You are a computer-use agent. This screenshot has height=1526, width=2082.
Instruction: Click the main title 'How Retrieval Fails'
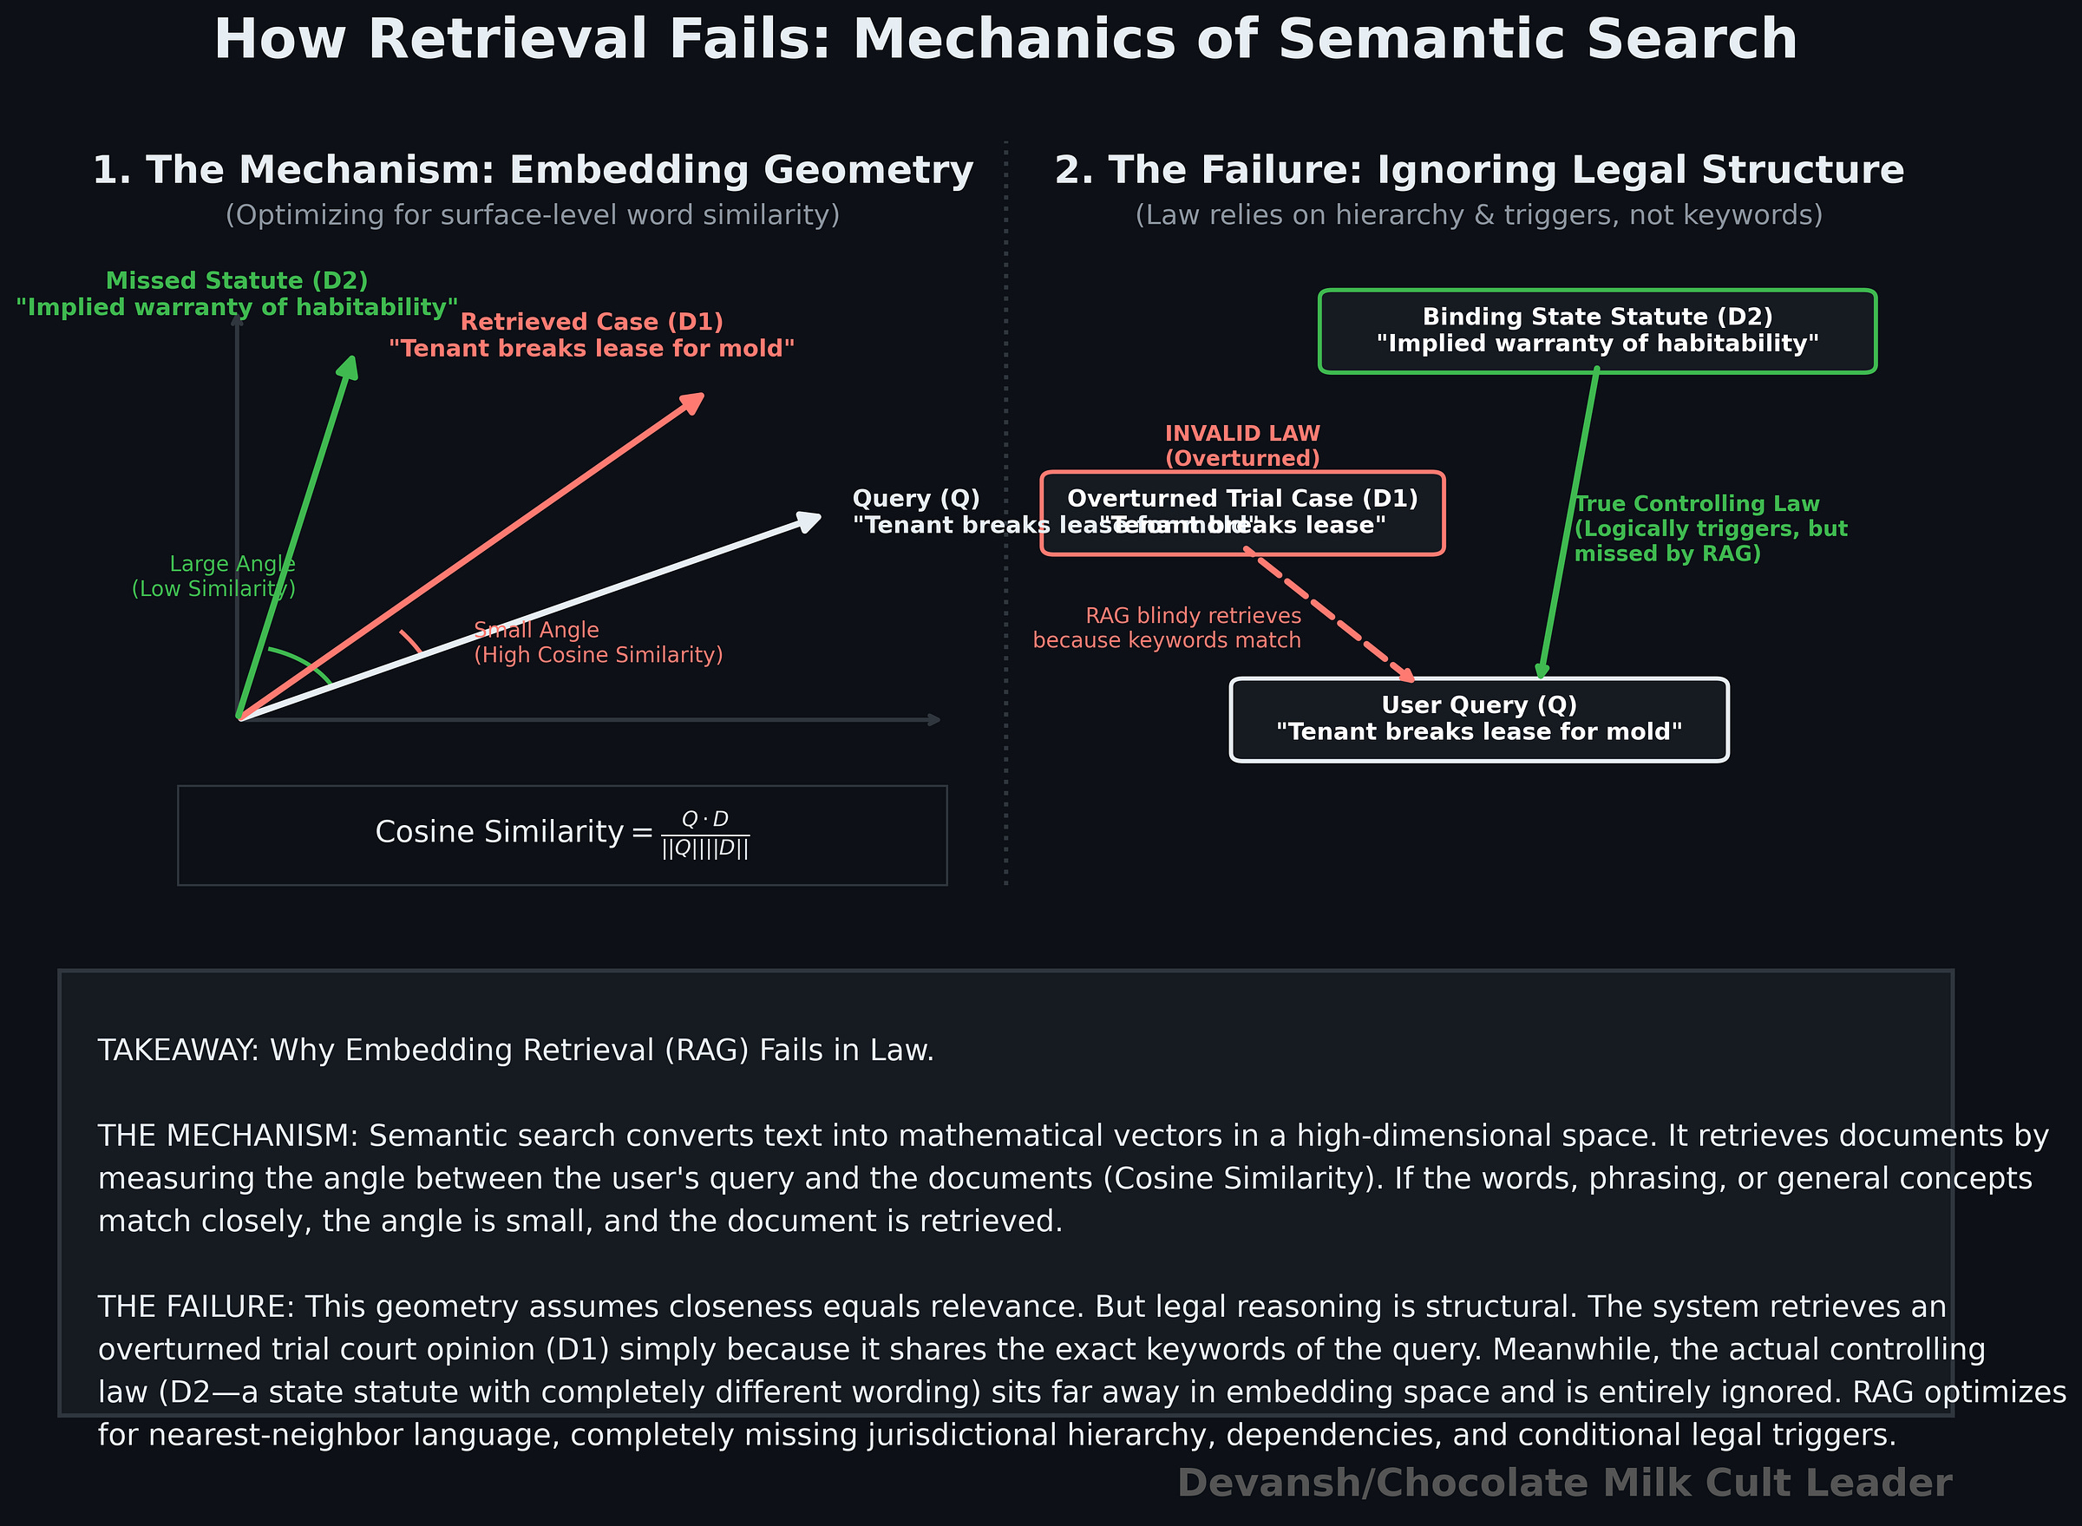point(1005,40)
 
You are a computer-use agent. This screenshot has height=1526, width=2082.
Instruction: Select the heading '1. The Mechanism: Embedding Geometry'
point(533,170)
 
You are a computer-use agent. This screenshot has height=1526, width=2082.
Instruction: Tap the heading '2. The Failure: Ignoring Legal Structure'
point(1479,170)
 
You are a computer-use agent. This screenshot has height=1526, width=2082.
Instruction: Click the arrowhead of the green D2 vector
point(349,367)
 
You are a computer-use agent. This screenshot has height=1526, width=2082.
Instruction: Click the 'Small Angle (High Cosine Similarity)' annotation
point(597,643)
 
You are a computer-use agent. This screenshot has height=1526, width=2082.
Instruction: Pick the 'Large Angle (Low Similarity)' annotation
point(214,576)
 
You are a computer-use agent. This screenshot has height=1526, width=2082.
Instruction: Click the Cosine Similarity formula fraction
point(704,834)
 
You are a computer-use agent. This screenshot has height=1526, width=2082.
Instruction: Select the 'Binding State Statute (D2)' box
point(1597,331)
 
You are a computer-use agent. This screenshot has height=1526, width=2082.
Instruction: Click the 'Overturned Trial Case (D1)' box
point(1242,513)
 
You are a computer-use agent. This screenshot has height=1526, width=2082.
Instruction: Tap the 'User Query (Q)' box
point(1479,719)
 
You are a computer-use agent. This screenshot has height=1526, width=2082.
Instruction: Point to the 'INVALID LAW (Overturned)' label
point(1242,446)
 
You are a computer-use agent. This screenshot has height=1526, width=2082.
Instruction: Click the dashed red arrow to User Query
point(1330,615)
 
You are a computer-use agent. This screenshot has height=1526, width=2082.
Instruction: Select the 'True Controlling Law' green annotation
point(1710,528)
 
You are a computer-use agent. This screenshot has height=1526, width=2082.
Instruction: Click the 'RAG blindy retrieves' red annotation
point(1167,628)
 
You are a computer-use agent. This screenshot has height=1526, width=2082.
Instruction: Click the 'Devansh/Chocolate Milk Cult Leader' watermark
point(1564,1483)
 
